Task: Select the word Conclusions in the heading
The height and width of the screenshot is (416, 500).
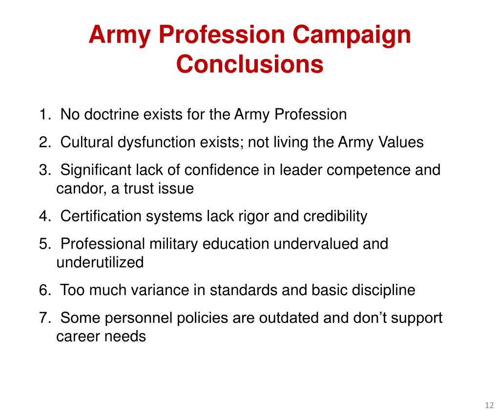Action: point(250,64)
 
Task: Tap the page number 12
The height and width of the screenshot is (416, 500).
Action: point(488,406)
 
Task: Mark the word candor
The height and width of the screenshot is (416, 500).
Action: point(80,189)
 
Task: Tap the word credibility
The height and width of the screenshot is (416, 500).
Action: point(335,216)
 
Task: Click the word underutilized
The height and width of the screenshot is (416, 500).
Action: point(100,262)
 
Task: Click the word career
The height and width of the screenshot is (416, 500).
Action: point(78,337)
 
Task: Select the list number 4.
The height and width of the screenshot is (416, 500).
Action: point(44,216)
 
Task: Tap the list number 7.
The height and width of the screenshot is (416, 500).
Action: point(44,318)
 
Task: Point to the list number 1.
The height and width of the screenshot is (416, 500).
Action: point(44,115)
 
